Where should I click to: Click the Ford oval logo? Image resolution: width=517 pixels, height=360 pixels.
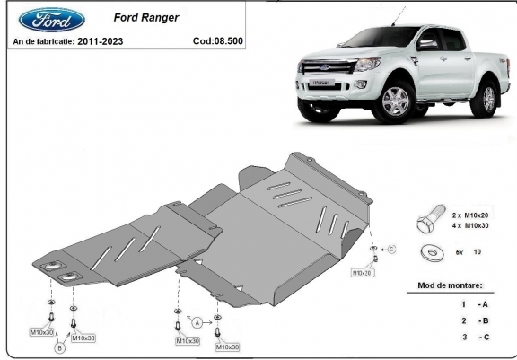52,20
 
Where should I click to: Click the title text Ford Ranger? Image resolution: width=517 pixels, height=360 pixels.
146,17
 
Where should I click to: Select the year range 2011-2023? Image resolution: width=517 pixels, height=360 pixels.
101,41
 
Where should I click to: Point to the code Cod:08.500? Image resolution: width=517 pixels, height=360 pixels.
218,41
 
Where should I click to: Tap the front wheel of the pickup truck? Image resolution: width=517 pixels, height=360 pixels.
395,101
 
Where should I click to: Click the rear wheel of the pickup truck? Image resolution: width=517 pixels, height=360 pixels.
486,98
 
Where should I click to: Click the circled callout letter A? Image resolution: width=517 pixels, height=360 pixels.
197,323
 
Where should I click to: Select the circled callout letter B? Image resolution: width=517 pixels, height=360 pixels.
59,347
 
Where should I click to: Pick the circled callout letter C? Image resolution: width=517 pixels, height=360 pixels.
391,250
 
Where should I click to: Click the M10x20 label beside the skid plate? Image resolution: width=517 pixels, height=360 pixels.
362,273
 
